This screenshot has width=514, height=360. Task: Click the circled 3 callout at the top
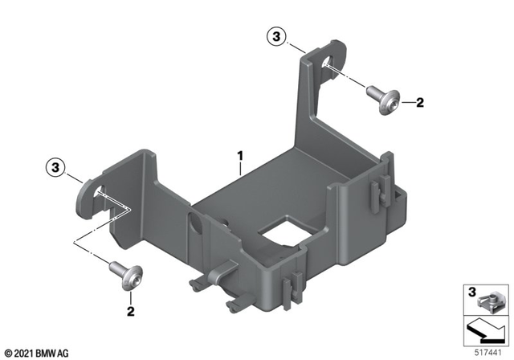click(276, 37)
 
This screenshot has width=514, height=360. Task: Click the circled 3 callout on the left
click(55, 167)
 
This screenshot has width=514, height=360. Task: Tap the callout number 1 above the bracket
click(239, 152)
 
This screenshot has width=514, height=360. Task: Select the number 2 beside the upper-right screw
click(418, 102)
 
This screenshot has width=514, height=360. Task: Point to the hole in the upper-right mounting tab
click(329, 65)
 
